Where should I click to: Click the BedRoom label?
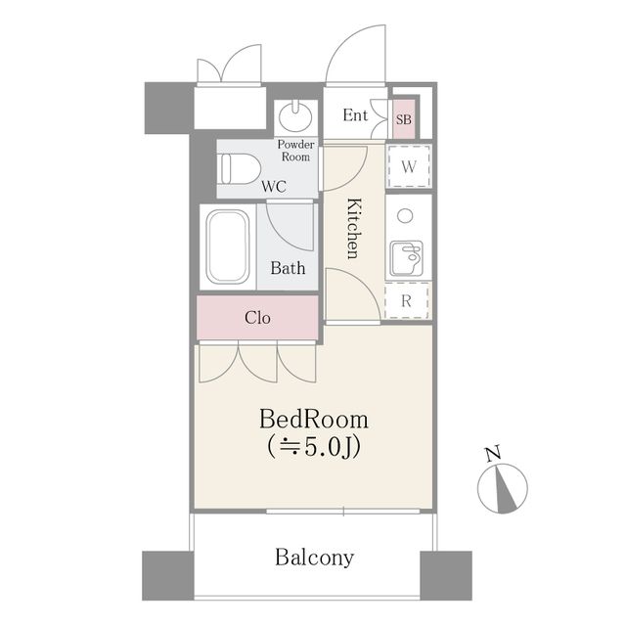tap(314, 420)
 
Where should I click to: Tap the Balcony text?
tap(315, 558)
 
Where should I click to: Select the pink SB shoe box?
tap(404, 119)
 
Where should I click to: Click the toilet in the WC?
tap(240, 169)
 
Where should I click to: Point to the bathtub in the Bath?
tap(228, 247)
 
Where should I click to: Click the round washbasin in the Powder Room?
tap(295, 117)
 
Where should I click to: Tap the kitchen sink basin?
tap(407, 258)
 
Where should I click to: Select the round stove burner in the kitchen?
tap(405, 216)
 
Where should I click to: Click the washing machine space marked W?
tap(408, 166)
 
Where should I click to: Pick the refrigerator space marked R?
tap(407, 300)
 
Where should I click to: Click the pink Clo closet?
tap(258, 318)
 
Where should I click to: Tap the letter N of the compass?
tap(493, 454)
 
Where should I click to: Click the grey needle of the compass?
tap(505, 491)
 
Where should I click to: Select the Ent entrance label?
tap(355, 115)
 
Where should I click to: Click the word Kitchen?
tap(354, 228)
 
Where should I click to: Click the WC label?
tap(274, 186)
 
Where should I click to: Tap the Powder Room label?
tap(295, 151)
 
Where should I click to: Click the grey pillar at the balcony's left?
tap(168, 575)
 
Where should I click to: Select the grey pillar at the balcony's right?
tap(446, 575)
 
